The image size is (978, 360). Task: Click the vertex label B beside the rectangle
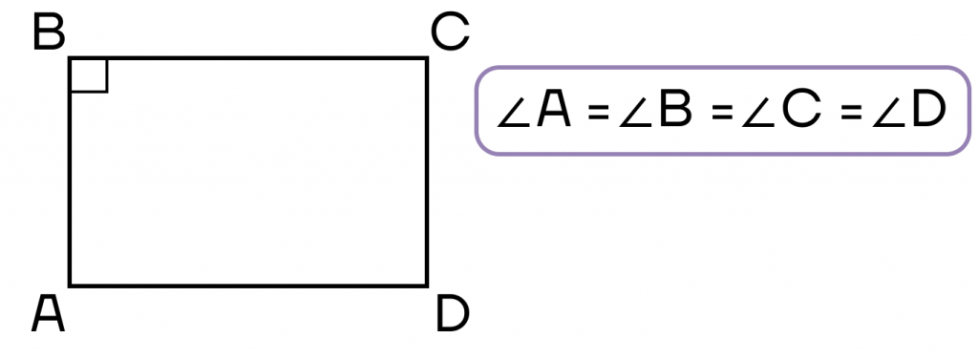pyautogui.click(x=49, y=33)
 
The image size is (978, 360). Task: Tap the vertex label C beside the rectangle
pyautogui.click(x=450, y=33)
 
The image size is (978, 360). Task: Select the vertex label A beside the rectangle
pyautogui.click(x=48, y=314)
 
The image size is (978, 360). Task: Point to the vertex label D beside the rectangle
pyautogui.click(x=452, y=314)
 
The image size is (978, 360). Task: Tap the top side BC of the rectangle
pyautogui.click(x=248, y=58)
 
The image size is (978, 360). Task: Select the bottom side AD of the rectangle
pyautogui.click(x=248, y=286)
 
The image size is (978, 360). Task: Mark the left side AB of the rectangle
pyautogui.click(x=70, y=172)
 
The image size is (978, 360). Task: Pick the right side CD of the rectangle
pyautogui.click(x=427, y=172)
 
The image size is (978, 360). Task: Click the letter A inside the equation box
pyautogui.click(x=554, y=110)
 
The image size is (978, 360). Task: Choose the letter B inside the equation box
pyautogui.click(x=675, y=110)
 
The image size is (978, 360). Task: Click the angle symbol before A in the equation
pyautogui.click(x=513, y=113)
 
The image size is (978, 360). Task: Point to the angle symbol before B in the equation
pyautogui.click(x=635, y=113)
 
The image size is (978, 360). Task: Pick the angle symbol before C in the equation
pyautogui.click(x=758, y=113)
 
